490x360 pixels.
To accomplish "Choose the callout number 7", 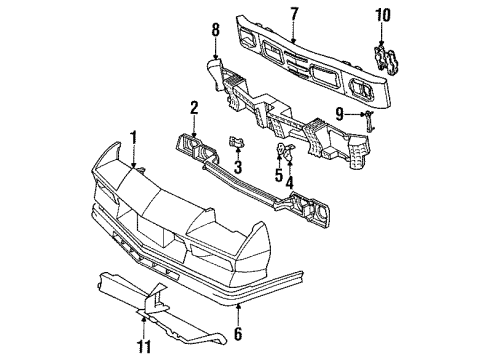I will point(294,12).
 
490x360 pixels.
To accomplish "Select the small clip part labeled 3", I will point(237,143).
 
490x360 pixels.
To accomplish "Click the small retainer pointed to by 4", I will point(284,153).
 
